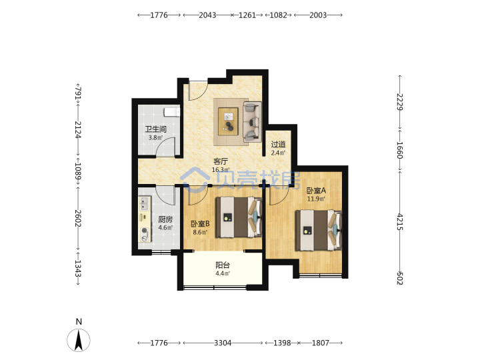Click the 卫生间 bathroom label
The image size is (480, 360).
[155, 129]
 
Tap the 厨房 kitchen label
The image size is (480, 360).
[165, 219]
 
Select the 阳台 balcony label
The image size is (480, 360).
[223, 265]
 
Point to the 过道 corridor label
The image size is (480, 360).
[278, 144]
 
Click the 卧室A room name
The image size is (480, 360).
[316, 191]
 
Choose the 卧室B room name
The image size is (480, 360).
[200, 224]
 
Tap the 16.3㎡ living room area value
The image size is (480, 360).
[221, 169]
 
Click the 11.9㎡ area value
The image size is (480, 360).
[316, 199]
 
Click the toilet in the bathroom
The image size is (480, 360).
[172, 112]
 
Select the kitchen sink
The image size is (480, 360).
[144, 203]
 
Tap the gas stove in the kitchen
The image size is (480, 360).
[145, 234]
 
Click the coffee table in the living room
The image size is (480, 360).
[228, 121]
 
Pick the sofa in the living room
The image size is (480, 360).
[252, 122]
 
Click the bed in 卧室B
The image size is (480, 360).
[239, 217]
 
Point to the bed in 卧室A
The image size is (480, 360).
[319, 231]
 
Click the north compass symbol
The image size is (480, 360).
[79, 340]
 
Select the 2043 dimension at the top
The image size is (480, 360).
[207, 15]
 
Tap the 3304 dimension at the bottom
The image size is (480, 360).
[223, 343]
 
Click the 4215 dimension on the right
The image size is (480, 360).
[399, 221]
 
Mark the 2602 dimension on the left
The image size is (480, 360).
[78, 218]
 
